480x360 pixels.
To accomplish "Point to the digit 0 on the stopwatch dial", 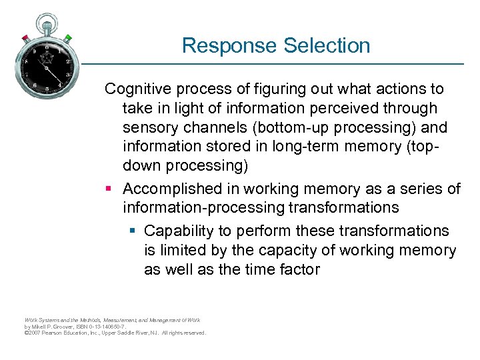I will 46,47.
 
